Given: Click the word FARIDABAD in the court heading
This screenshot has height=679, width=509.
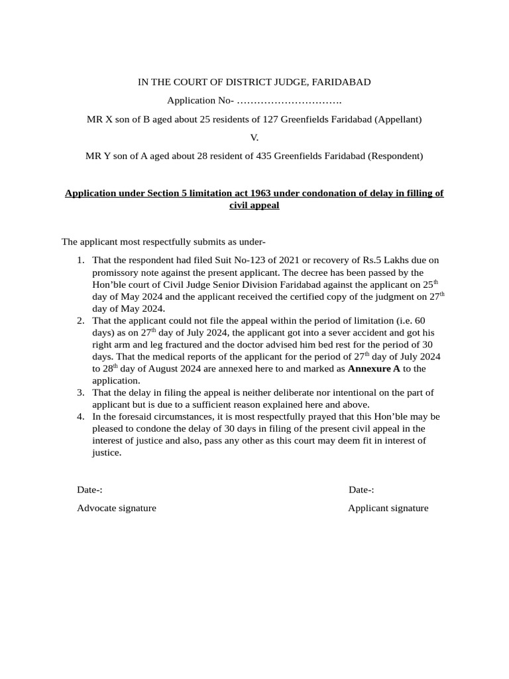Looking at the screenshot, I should click(341, 82).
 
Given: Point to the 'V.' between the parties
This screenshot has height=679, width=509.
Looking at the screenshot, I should click(254, 138).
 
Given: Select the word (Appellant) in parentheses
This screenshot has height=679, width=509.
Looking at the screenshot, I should click(398, 119).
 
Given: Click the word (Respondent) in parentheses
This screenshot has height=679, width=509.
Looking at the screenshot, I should click(395, 156).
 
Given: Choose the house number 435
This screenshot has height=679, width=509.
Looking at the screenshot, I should click(264, 156).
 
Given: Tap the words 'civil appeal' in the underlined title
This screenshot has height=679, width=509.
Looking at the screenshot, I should click(254, 206).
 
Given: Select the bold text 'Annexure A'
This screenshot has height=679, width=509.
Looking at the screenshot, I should click(374, 368).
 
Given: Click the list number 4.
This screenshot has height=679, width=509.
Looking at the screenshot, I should click(80, 417).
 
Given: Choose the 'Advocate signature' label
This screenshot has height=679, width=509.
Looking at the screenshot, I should click(117, 508).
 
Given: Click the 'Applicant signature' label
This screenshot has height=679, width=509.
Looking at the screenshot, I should click(388, 508).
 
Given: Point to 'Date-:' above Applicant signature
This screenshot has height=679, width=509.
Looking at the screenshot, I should click(361, 490).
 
